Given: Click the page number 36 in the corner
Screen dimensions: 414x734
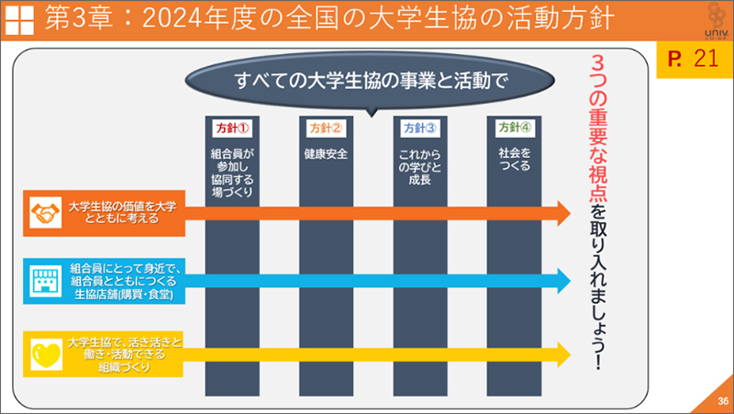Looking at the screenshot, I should click(722, 400).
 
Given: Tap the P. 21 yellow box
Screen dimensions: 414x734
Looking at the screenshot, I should click(694, 62).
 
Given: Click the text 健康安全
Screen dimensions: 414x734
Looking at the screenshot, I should click(326, 153).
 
